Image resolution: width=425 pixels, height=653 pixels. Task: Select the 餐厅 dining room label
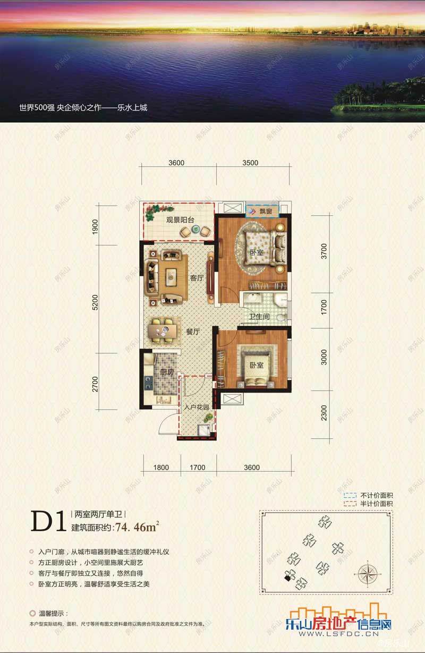[192, 332]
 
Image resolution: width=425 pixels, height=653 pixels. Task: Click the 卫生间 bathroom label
[260, 317]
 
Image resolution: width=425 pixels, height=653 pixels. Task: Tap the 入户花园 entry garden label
[195, 408]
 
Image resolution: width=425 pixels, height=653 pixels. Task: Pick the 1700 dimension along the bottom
[197, 468]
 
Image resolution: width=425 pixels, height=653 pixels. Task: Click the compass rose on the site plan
[367, 574]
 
